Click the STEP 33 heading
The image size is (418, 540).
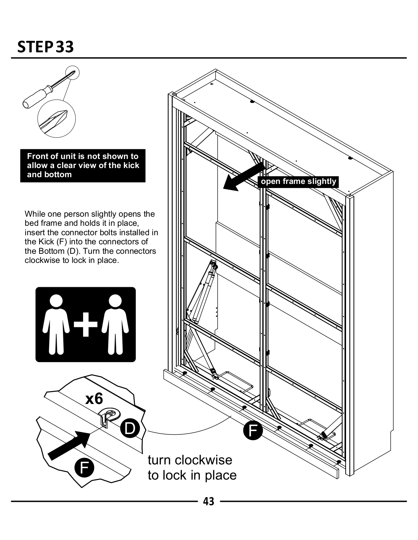tap(45, 47)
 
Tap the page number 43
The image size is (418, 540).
tap(208, 501)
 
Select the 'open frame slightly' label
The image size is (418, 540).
tap(299, 182)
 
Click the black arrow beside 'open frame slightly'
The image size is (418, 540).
tap(243, 177)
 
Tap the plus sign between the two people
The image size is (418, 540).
tap(85, 325)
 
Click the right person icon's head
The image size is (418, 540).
tap(115, 301)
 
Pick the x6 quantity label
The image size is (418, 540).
tap(94, 399)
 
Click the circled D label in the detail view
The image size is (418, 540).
tap(129, 428)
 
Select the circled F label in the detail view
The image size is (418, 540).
tap(84, 468)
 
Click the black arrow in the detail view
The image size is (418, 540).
tap(69, 444)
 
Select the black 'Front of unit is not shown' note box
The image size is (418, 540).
tap(83, 166)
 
